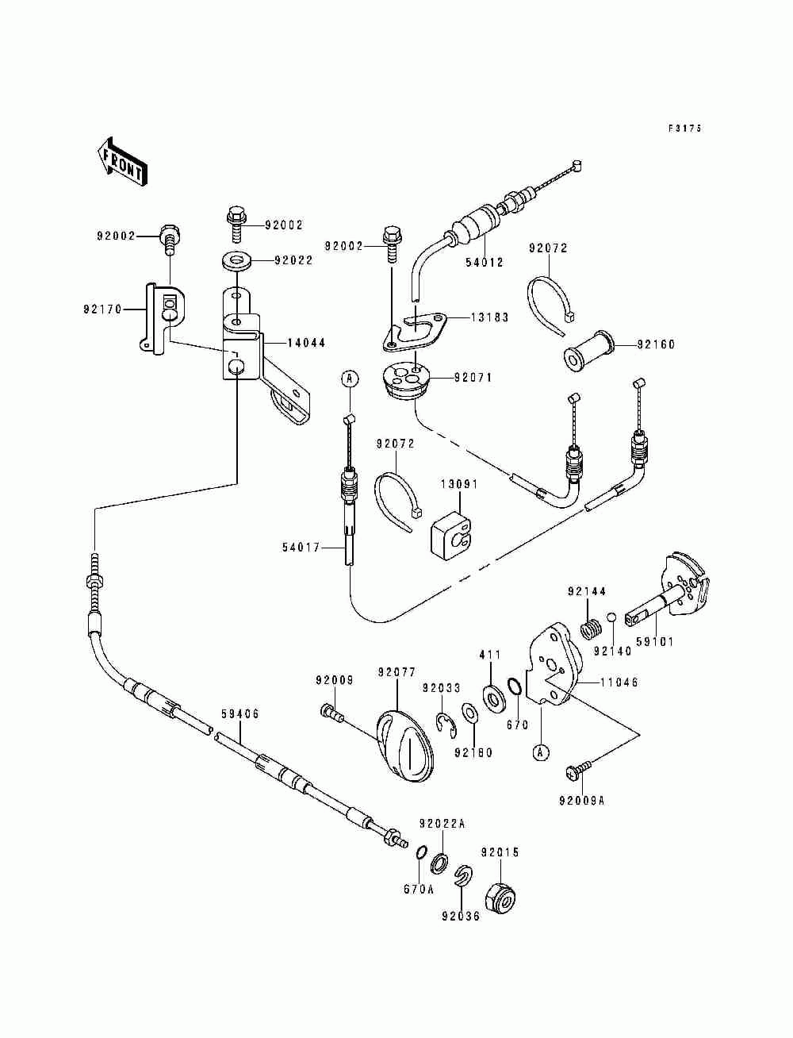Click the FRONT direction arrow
click(x=122, y=162)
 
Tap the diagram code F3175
click(x=685, y=128)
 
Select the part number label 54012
click(x=485, y=262)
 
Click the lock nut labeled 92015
click(x=501, y=895)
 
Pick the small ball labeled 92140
click(x=611, y=617)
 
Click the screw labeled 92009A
click(x=579, y=770)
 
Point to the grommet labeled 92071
click(x=407, y=379)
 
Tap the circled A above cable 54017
click(x=350, y=379)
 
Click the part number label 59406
click(x=240, y=713)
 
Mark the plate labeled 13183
click(x=415, y=331)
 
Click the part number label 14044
click(x=306, y=343)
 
